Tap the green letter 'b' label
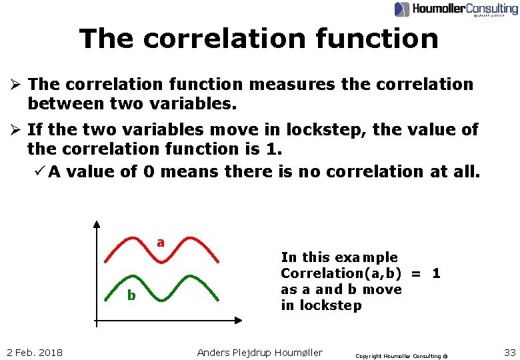click(131, 295)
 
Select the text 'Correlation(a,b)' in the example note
click(345, 273)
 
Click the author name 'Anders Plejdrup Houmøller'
click(260, 352)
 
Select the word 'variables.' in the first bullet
click(190, 104)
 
